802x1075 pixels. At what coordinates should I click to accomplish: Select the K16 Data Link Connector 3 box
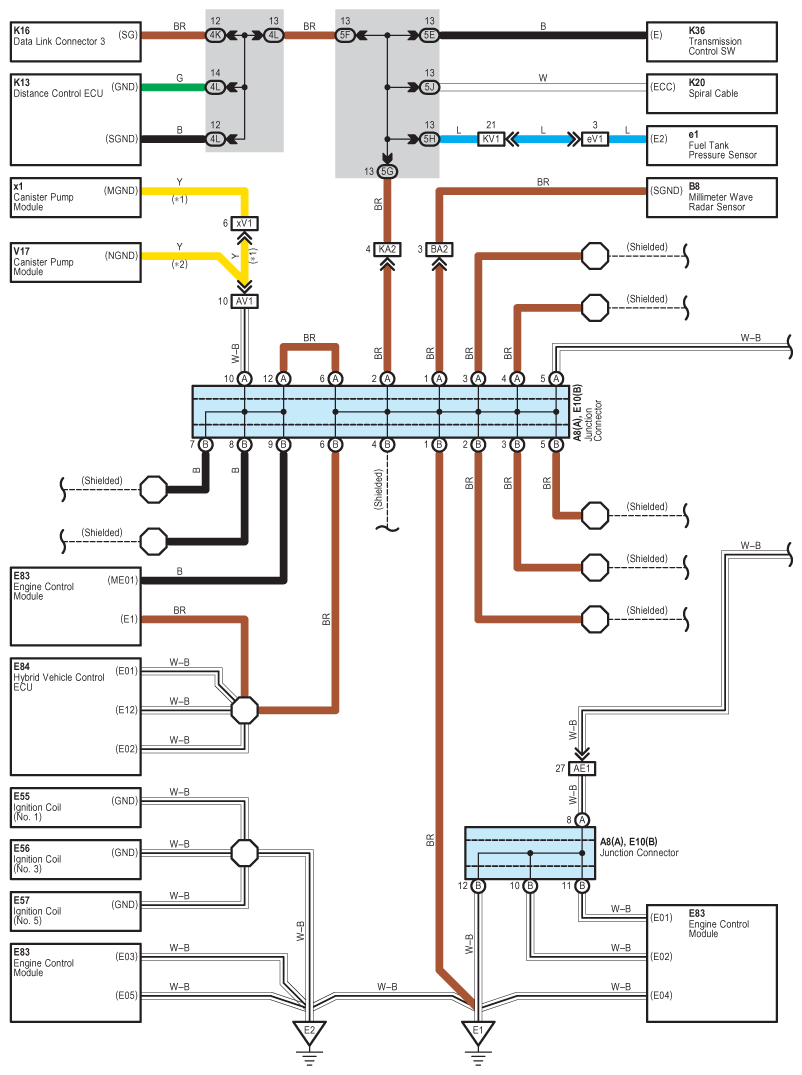(x=75, y=42)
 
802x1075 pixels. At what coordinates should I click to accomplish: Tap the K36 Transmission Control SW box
(x=712, y=42)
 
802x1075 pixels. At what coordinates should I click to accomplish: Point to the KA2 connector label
(x=387, y=250)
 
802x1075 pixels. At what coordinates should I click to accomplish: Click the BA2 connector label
(x=439, y=250)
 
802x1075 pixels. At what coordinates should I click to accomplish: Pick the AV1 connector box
(x=244, y=302)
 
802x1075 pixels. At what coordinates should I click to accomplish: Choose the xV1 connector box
(x=244, y=224)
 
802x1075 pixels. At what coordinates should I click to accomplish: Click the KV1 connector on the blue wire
(x=491, y=139)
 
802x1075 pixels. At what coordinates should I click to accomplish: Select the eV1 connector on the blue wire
(x=595, y=139)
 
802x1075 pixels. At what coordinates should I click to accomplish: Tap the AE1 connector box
(x=582, y=769)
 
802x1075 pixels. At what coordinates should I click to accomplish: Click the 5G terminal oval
(x=387, y=171)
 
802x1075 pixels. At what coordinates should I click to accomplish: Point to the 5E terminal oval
(x=429, y=35)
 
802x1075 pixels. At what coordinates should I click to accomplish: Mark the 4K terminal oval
(x=215, y=35)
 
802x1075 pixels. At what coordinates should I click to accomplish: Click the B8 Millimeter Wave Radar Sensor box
(x=712, y=197)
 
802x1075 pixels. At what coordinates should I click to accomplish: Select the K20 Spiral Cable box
(x=712, y=93)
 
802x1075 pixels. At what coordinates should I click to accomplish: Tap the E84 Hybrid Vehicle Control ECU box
(x=75, y=716)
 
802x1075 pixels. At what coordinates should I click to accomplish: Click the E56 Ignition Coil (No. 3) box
(x=75, y=859)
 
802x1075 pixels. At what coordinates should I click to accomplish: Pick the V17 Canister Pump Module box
(x=75, y=263)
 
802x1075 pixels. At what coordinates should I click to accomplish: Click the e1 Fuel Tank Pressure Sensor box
(x=712, y=145)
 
